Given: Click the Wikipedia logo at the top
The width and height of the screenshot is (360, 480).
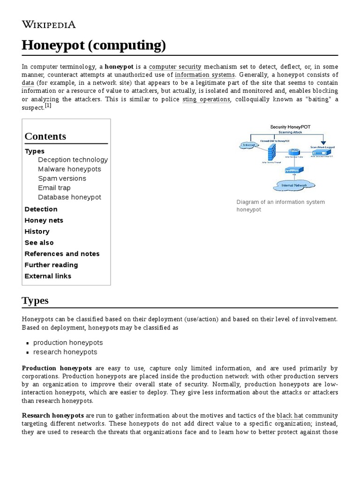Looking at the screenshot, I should [x=49, y=25].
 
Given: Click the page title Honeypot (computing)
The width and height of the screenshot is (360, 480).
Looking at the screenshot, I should [x=94, y=45].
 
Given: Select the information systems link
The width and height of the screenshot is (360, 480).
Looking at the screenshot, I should [x=205, y=75].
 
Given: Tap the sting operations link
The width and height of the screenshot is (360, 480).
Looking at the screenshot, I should [x=206, y=99].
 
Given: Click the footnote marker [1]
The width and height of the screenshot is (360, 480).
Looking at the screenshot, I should [x=48, y=106].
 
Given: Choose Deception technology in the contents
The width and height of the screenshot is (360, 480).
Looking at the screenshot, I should [x=73, y=160].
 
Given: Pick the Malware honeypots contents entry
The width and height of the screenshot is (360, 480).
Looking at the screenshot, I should [x=69, y=169].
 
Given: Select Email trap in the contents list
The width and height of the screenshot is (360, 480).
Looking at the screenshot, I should [x=54, y=188].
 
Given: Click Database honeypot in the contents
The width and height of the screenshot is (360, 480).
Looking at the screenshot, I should [x=69, y=197].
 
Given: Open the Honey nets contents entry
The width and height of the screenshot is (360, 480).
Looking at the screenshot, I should [x=44, y=220].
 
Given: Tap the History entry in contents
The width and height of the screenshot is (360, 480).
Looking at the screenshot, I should [x=37, y=232].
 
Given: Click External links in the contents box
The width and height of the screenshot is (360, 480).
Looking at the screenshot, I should [x=48, y=276].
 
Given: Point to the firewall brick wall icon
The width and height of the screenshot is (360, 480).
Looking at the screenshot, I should [x=271, y=152].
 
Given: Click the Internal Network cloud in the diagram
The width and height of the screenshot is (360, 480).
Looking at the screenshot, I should [x=293, y=185].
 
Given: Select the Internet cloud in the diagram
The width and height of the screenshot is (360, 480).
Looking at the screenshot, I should [x=248, y=145].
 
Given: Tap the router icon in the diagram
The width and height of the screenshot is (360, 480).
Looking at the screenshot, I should [x=294, y=152].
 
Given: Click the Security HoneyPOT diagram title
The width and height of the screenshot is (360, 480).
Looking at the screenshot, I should [x=290, y=127].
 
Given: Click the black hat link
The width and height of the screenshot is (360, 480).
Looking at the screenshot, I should [x=289, y=416].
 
